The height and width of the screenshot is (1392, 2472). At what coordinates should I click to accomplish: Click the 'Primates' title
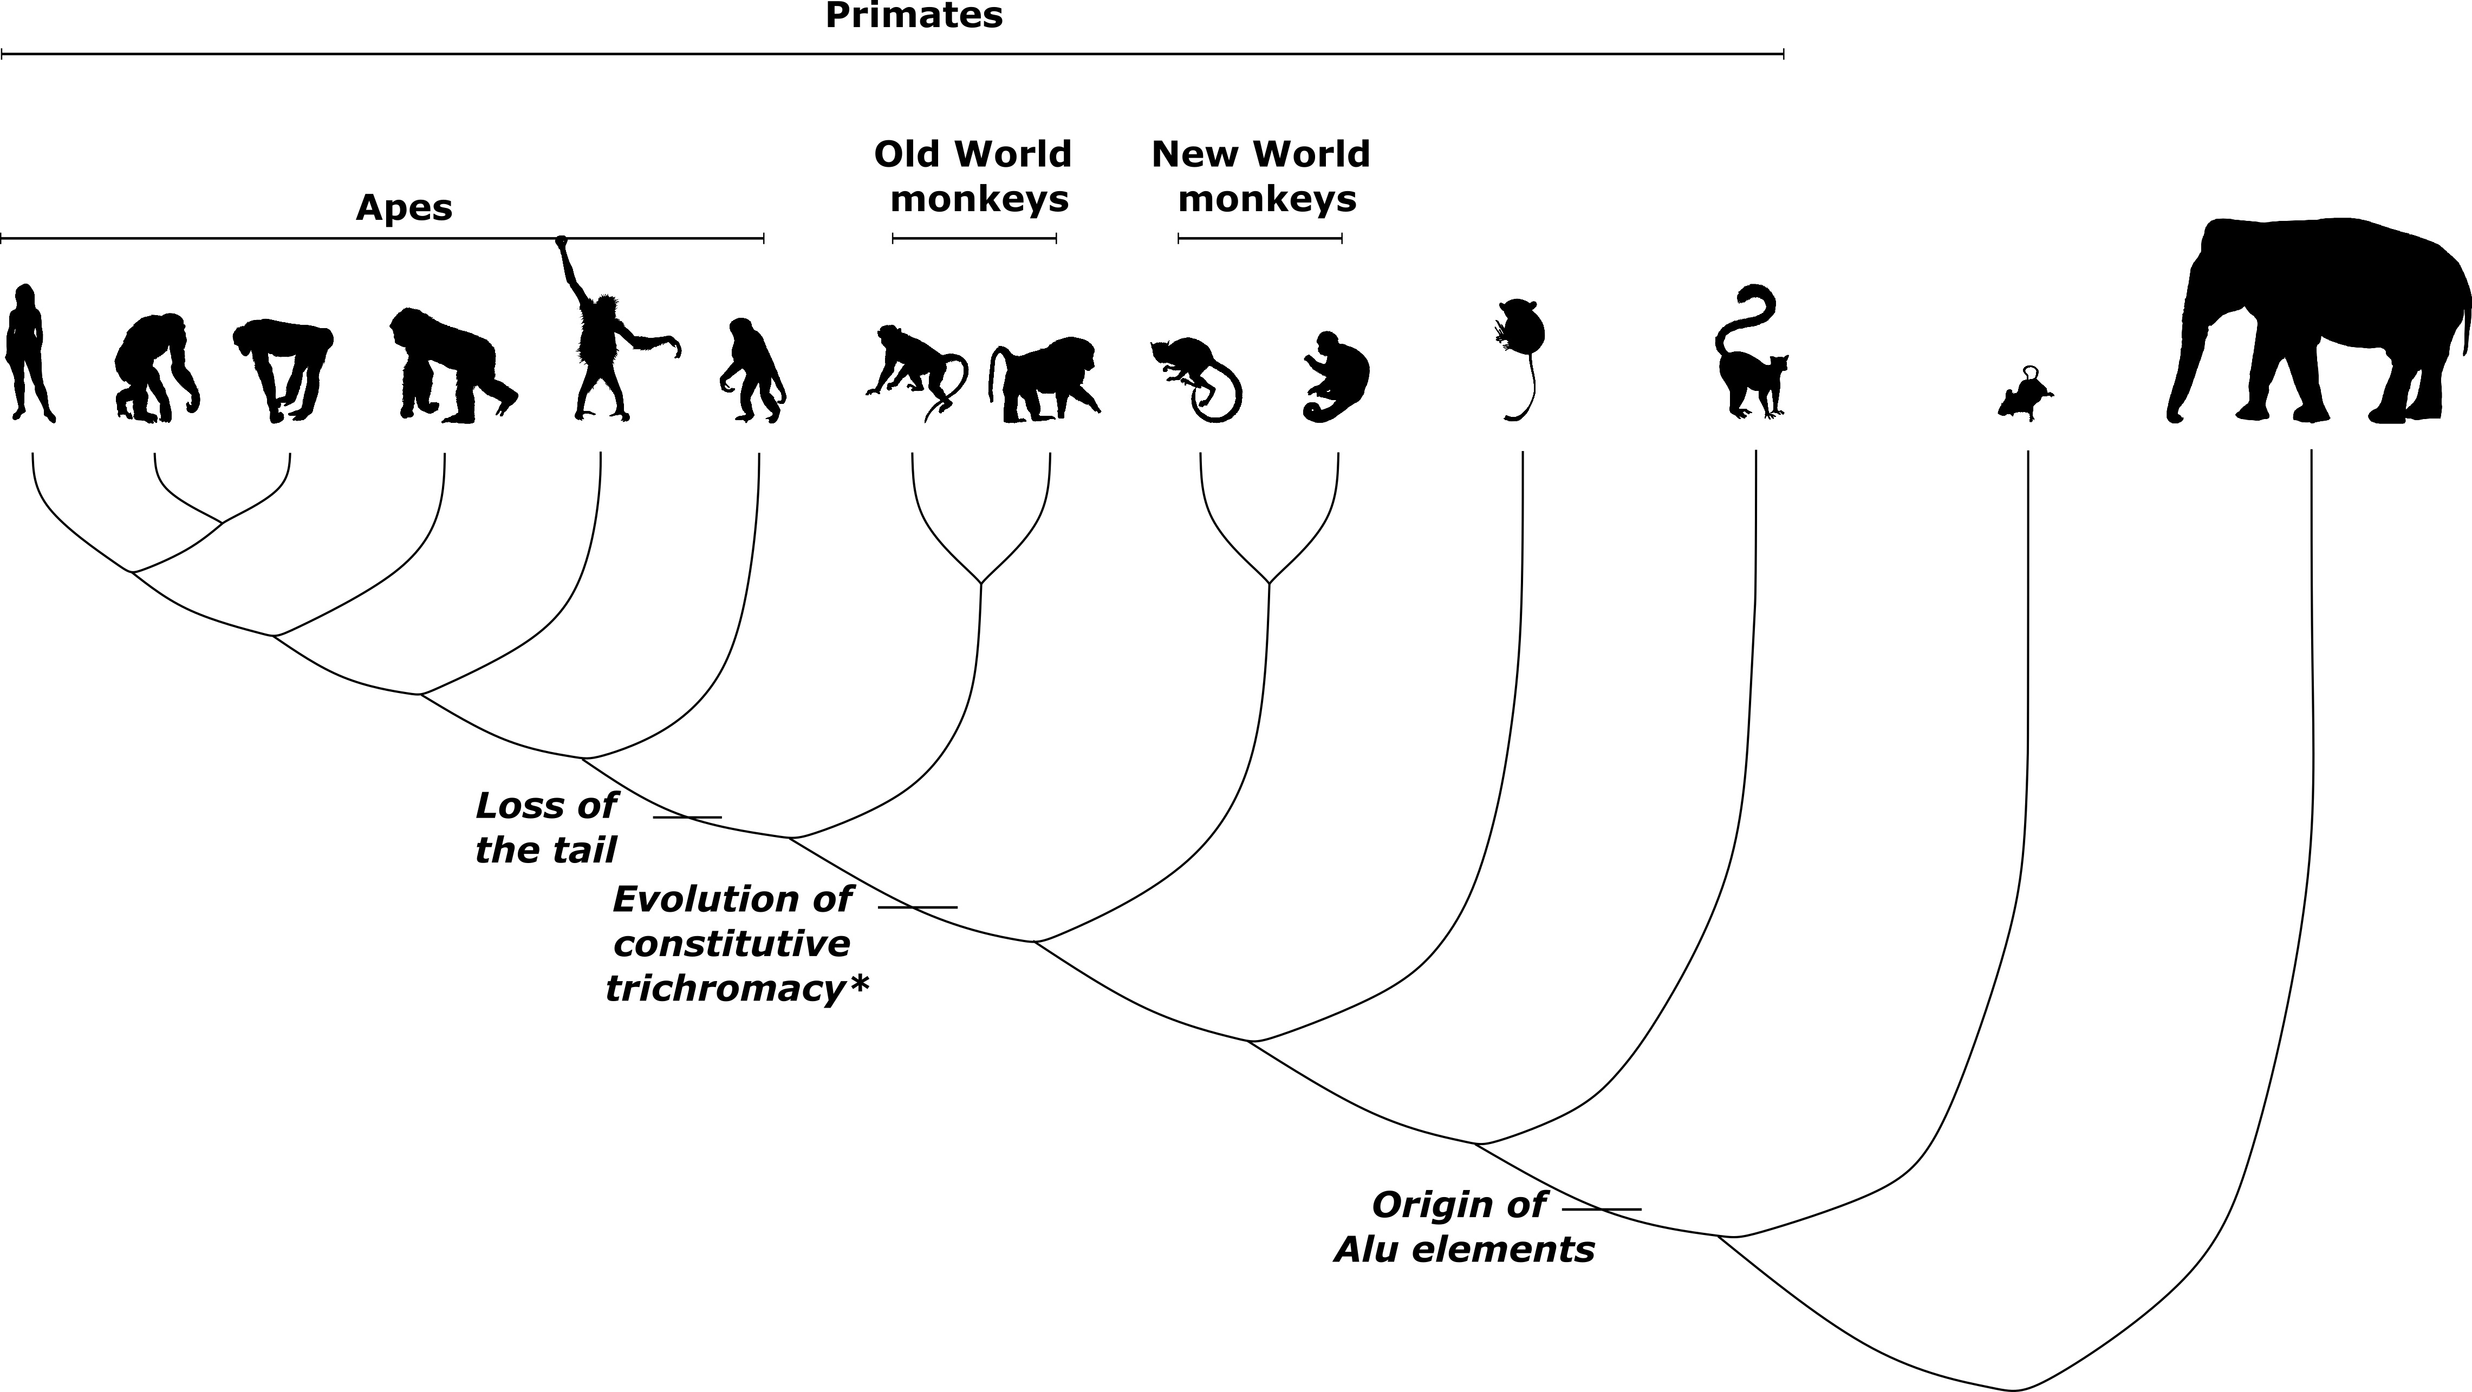coord(914,16)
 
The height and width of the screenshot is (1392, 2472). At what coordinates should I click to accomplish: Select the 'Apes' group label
coord(404,207)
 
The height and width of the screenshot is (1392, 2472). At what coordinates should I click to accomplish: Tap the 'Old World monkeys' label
coord(974,177)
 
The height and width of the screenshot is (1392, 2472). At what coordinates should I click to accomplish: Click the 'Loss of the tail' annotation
coord(546,827)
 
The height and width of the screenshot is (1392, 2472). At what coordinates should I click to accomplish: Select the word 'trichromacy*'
coord(737,988)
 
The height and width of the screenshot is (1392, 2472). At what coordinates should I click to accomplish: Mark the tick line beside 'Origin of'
coord(1602,1210)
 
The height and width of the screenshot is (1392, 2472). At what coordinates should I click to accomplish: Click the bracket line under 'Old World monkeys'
coord(974,238)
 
